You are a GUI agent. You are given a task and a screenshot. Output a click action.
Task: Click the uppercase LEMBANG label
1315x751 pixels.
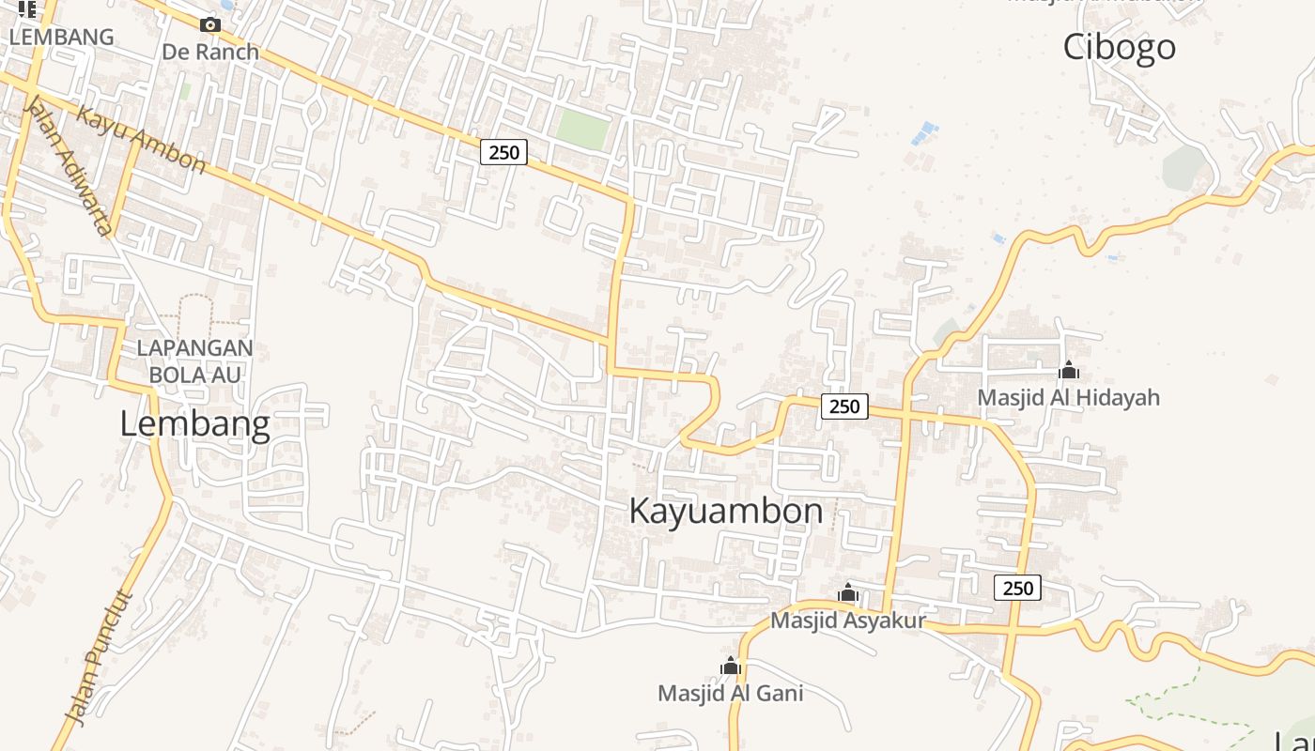click(x=61, y=38)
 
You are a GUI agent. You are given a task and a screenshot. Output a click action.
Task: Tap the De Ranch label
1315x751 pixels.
click(x=210, y=52)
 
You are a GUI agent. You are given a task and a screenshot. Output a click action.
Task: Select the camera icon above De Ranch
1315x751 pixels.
click(x=210, y=25)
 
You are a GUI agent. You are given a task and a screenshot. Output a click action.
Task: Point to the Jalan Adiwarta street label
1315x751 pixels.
click(x=70, y=164)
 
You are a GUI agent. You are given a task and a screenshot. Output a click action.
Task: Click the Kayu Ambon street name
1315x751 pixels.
click(x=141, y=139)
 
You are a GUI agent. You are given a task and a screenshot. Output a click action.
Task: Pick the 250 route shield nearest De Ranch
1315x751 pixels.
click(x=503, y=151)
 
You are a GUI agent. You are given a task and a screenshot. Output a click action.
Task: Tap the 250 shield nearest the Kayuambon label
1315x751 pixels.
click(x=844, y=406)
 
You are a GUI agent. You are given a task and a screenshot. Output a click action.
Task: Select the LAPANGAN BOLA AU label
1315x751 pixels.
click(x=194, y=360)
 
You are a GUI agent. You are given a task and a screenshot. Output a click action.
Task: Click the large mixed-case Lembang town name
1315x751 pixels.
click(x=194, y=424)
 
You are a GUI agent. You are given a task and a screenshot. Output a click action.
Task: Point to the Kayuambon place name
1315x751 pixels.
click(x=725, y=512)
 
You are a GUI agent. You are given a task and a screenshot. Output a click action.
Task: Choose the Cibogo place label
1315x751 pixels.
click(x=1119, y=47)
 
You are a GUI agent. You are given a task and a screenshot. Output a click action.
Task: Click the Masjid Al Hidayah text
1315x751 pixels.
click(x=1068, y=397)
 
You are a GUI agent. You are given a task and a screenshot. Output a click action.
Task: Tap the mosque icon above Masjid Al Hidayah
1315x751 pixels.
click(x=1068, y=371)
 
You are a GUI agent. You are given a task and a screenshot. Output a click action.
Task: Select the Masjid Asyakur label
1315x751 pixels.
click(x=847, y=621)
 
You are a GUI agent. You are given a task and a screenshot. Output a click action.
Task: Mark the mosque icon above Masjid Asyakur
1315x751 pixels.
click(x=848, y=593)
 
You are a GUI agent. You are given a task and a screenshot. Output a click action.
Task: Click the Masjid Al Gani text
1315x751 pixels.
click(x=730, y=694)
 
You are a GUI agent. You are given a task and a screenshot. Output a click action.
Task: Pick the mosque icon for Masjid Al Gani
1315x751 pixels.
click(x=731, y=667)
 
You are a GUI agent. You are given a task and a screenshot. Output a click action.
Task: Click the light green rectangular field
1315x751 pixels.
click(x=582, y=129)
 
